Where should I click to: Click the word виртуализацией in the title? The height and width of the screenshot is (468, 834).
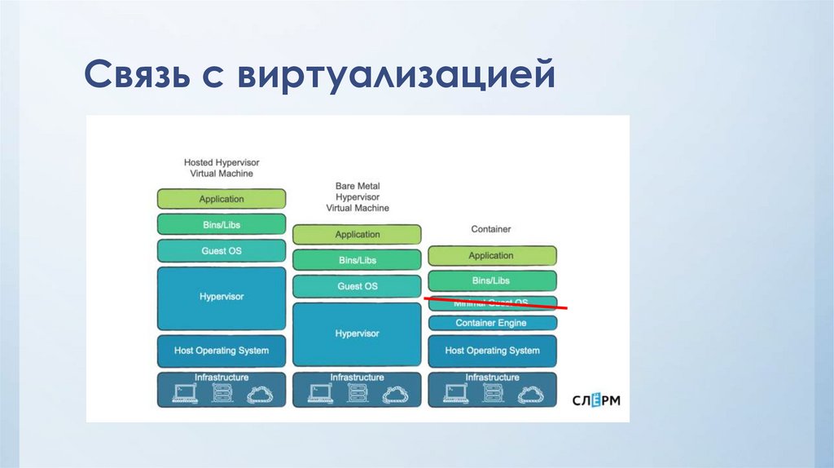(x=397, y=77)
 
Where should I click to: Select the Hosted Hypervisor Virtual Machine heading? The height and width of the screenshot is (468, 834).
(x=221, y=168)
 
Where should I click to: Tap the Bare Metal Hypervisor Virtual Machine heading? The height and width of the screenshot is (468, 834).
(x=358, y=197)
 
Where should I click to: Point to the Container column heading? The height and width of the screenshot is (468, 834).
(x=491, y=229)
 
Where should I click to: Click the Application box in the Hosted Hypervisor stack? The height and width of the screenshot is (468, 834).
(x=222, y=199)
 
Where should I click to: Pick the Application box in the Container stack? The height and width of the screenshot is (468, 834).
(x=492, y=256)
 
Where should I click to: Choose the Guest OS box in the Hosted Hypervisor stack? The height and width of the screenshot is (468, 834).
(x=222, y=251)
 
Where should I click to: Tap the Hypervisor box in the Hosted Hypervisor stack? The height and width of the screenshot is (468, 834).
(x=222, y=297)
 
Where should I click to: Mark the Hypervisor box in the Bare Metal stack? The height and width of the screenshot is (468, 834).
(x=357, y=333)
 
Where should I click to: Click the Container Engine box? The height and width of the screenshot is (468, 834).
(x=492, y=323)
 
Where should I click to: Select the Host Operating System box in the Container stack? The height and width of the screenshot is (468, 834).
(x=492, y=351)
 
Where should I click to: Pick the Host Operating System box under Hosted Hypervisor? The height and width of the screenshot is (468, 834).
(x=222, y=351)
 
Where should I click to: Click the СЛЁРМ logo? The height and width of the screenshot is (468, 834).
(x=596, y=400)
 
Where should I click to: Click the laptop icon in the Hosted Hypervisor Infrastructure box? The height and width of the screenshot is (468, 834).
(x=184, y=395)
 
